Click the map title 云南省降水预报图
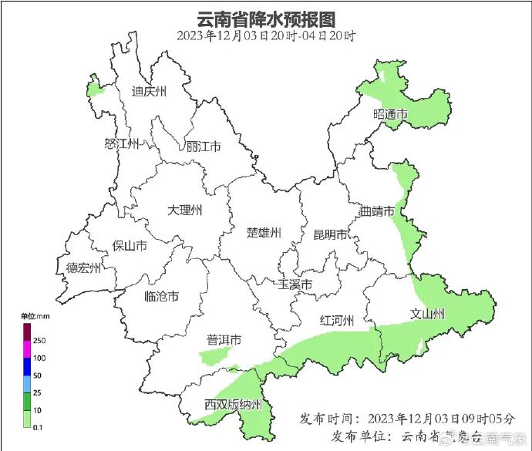coord(266,19)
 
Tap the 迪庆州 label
coord(149,92)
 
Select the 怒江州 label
coord(121,143)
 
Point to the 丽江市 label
coord(204,146)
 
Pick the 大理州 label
coord(185,210)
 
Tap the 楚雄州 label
coord(264,233)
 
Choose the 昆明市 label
coord(330,234)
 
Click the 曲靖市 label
coord(378,211)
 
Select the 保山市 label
coord(130,246)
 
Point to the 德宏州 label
coord(83,268)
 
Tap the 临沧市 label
coord(162,296)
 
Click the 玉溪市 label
coord(295,285)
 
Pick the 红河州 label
coord(337,321)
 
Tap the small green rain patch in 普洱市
coord(217,355)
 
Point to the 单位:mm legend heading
coord(35,317)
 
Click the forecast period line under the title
coord(266,35)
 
